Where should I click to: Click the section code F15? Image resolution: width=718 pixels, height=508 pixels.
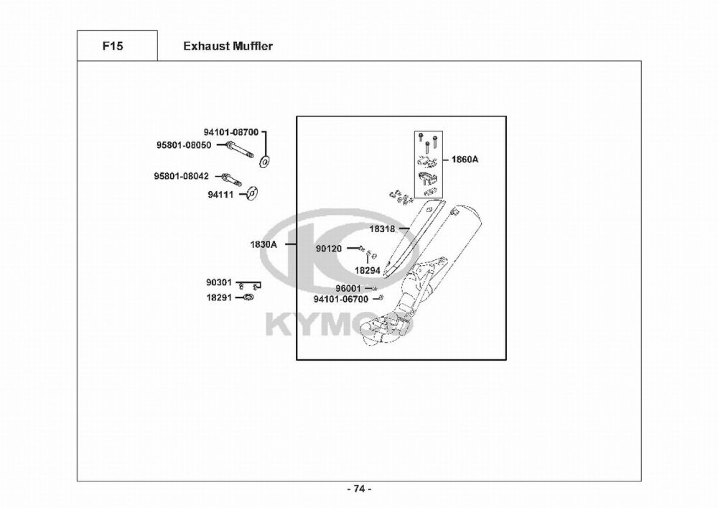tap(112, 46)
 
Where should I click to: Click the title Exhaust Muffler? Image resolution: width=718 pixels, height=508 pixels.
tap(228, 46)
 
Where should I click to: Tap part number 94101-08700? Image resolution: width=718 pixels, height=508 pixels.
tap(230, 132)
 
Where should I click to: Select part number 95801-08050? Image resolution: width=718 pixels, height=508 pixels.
tap(184, 144)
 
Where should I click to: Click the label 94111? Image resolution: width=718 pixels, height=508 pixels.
tap(221, 194)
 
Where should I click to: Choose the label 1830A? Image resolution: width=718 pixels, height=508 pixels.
tap(264, 244)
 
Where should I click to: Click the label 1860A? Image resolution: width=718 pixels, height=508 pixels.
tap(465, 160)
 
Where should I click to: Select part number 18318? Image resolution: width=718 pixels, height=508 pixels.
tap(382, 228)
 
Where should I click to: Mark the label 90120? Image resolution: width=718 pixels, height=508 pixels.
tap(329, 249)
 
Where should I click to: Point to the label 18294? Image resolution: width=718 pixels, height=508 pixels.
tap(368, 270)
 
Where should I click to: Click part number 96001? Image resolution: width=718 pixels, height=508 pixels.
tap(348, 288)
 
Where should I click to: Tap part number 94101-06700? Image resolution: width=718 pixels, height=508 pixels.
tap(340, 299)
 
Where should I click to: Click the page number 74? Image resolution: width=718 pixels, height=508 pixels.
tap(359, 489)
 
